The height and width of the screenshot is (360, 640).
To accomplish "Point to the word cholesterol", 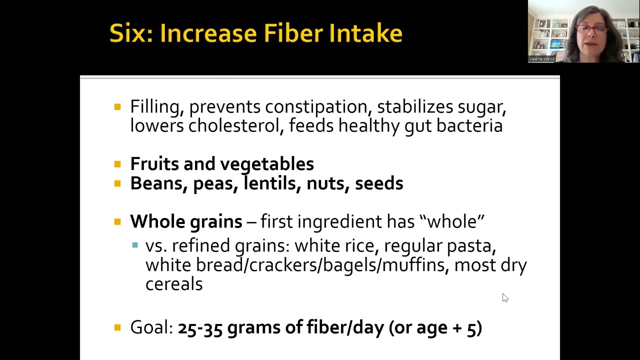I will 233,125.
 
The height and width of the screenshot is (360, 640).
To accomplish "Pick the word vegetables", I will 267,164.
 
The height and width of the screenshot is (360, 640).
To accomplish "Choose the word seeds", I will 379,183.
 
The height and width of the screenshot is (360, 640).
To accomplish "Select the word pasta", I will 470,246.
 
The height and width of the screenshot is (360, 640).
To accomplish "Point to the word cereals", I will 174,284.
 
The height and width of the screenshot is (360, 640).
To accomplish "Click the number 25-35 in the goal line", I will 200,327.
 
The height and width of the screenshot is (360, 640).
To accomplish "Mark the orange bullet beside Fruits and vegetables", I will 117,164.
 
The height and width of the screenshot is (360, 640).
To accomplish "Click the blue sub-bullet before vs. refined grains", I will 135,245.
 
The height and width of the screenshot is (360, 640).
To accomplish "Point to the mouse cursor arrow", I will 504,297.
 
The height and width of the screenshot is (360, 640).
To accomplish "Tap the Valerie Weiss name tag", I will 542,59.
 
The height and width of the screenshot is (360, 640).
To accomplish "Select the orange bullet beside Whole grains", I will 117,221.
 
